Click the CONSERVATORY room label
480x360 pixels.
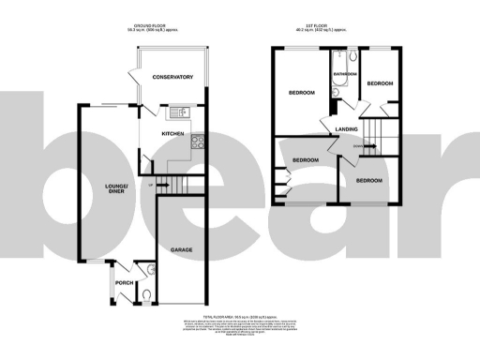tap(172, 77)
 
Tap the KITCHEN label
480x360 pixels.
tap(173, 134)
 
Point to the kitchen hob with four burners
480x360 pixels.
tap(198, 142)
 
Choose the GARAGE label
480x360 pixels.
tap(183, 250)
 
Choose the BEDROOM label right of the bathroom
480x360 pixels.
tap(380, 83)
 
